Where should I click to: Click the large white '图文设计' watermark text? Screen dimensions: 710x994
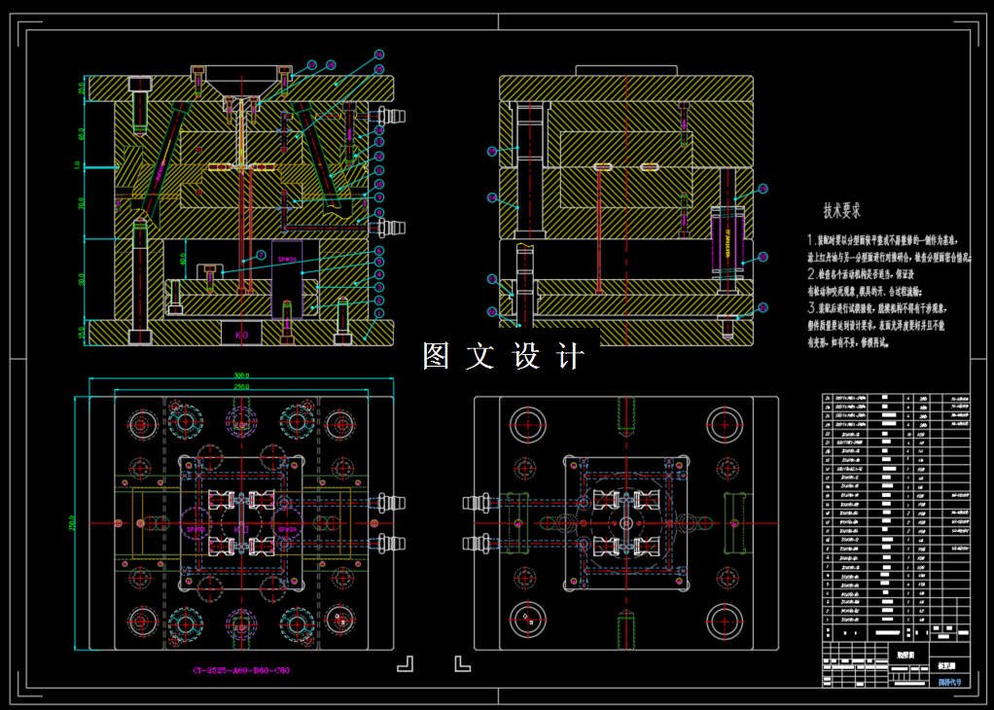click(504, 357)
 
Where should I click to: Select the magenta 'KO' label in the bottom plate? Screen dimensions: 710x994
click(242, 334)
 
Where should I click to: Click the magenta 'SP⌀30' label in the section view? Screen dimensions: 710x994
click(288, 261)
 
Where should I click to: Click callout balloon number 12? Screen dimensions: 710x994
click(378, 156)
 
